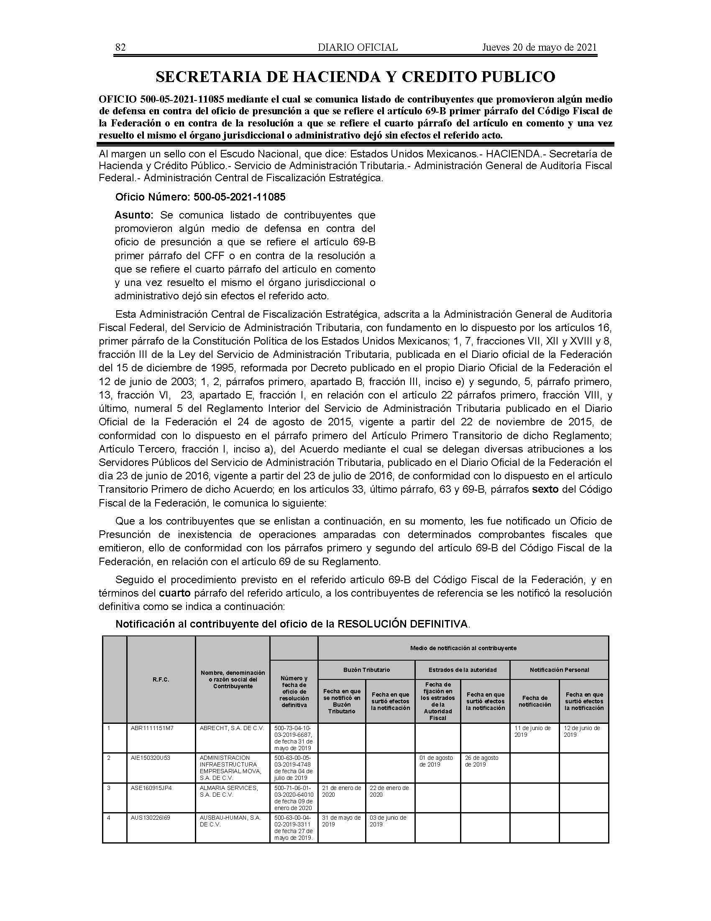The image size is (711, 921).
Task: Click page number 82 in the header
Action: pyautogui.click(x=120, y=47)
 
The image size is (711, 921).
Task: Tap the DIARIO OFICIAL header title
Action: pyautogui.click(x=358, y=47)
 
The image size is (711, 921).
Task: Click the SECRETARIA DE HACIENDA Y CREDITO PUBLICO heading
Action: pyautogui.click(x=355, y=77)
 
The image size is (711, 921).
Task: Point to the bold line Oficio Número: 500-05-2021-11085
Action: pyautogui.click(x=200, y=197)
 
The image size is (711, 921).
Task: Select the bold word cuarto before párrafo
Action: pyautogui.click(x=174, y=593)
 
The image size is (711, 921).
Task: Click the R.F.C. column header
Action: pyautogui.click(x=161, y=679)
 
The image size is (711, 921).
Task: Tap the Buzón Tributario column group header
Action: pyautogui.click(x=366, y=670)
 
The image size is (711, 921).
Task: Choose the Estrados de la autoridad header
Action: pyautogui.click(x=463, y=670)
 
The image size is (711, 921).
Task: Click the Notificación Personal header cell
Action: pyautogui.click(x=559, y=670)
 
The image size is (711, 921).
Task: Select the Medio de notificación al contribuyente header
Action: pyautogui.click(x=463, y=648)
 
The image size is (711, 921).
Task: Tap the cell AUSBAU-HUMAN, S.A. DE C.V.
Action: pyautogui.click(x=230, y=821)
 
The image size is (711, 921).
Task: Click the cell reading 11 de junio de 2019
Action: pyautogui.click(x=532, y=731)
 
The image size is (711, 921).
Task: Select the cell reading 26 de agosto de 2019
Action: pyautogui.click(x=481, y=761)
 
